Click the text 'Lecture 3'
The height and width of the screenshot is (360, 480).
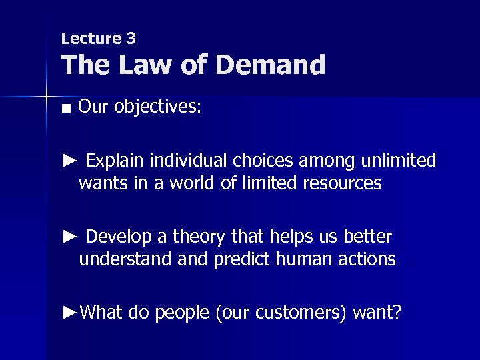pos(98,39)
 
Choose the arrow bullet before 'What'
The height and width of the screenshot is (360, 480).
pos(69,312)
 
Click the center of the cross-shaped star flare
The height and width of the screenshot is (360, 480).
pos(46,97)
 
